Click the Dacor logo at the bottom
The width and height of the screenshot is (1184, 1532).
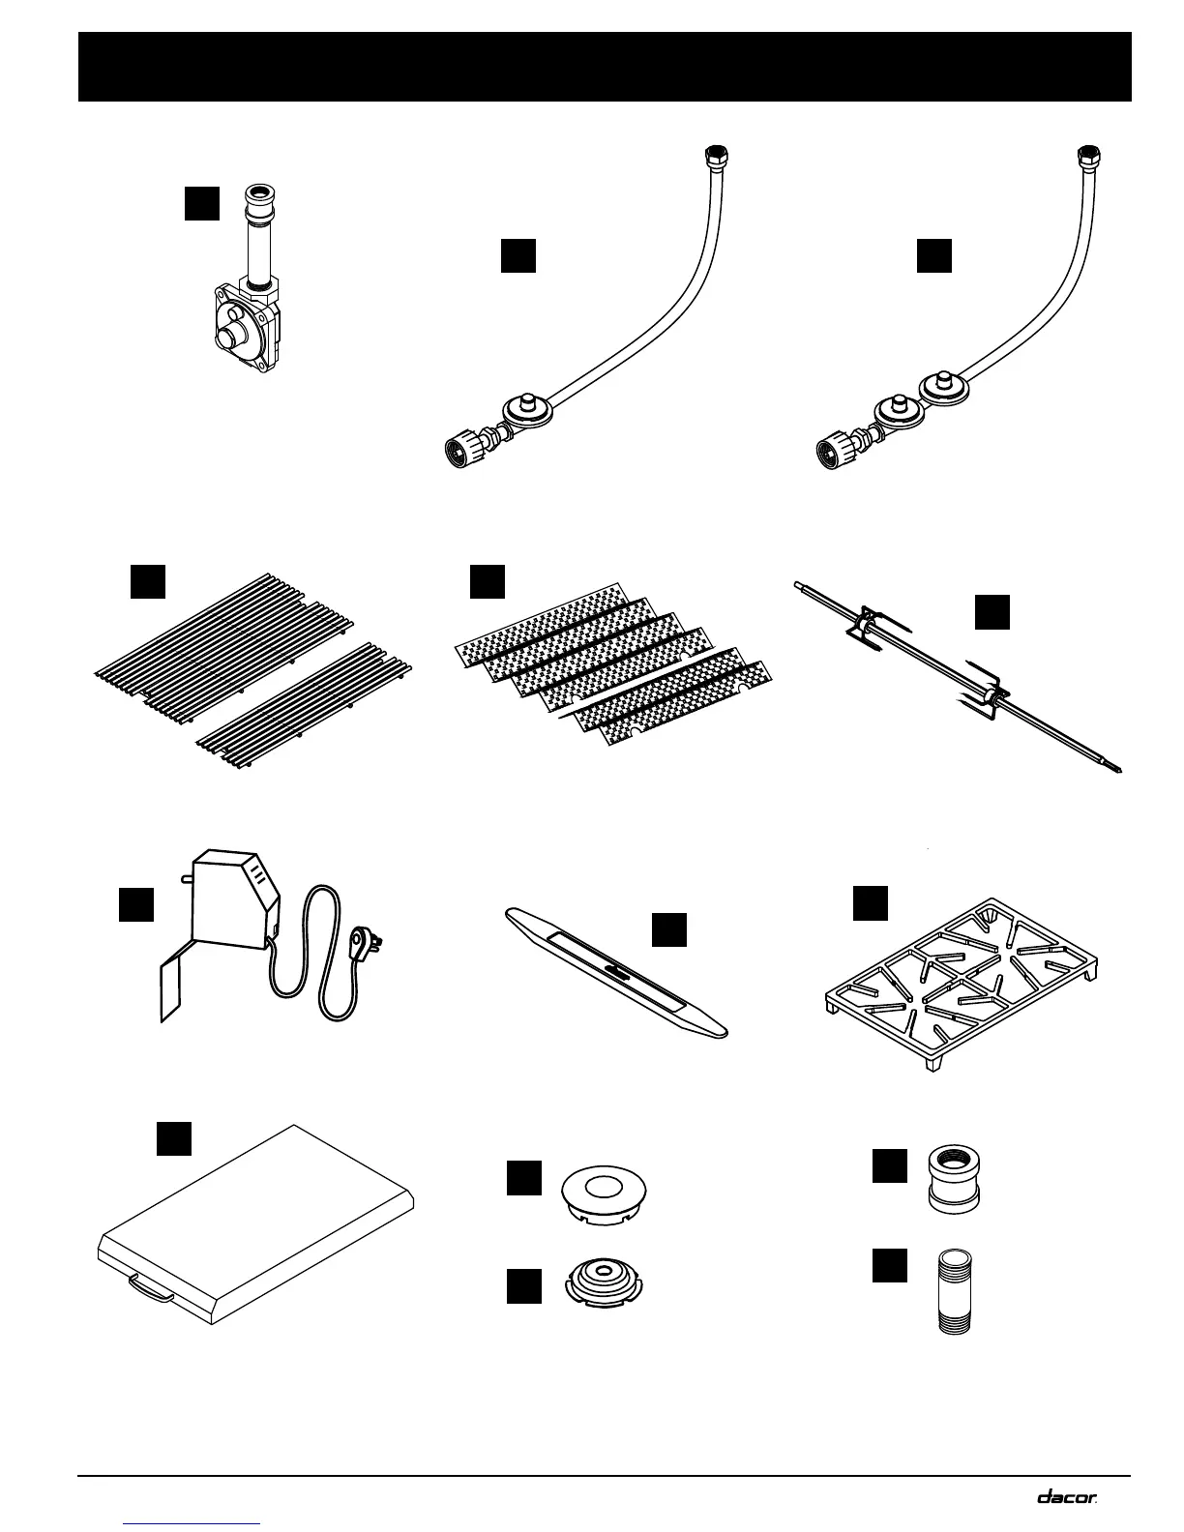[x=1068, y=1496]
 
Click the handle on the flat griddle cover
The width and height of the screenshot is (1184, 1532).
[x=150, y=1287]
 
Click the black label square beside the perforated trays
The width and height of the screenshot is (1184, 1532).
[x=487, y=581]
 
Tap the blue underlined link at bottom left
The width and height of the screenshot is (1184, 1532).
[x=193, y=1523]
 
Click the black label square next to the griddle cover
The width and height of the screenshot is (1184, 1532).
[x=174, y=1138]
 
